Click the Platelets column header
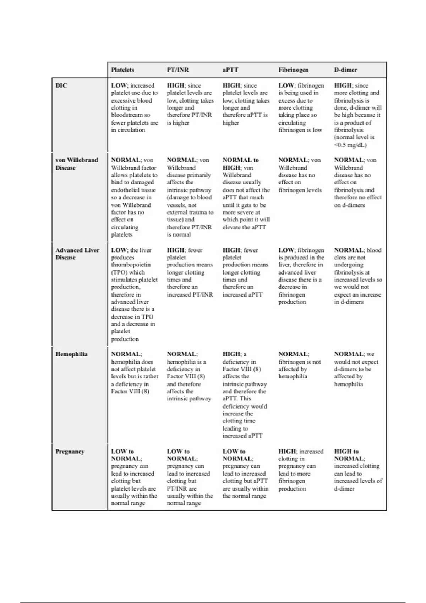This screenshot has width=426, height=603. coord(122,70)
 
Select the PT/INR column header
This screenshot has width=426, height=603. coord(178,70)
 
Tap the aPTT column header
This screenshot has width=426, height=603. coord(230,70)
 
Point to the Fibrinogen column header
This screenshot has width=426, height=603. coord(293,70)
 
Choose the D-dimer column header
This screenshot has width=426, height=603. coord(345,70)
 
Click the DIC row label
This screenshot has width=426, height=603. coord(61,85)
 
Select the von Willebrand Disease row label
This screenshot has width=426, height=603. coord(76,164)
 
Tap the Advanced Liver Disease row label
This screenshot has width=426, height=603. coord(77,254)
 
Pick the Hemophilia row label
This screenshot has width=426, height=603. coord(71,354)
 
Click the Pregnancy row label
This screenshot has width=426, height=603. coord(70,452)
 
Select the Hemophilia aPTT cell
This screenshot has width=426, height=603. coord(245,395)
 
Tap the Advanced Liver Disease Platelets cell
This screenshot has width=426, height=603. coord(134,294)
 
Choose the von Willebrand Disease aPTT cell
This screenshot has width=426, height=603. coord(246,194)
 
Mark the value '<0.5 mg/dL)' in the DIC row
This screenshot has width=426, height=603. coord(350,145)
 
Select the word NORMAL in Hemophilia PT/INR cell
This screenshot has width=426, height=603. coord(181,354)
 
